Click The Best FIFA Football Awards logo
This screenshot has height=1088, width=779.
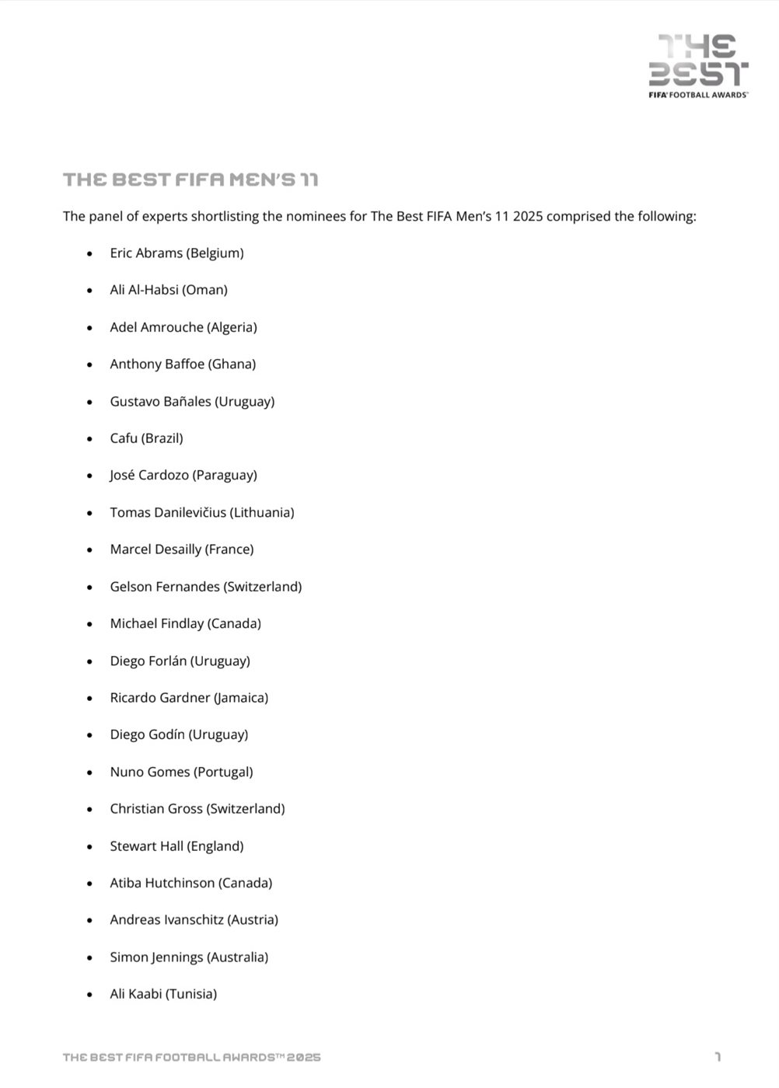[x=698, y=66]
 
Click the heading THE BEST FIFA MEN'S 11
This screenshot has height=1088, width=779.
[x=190, y=180]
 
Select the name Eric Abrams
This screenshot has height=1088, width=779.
[x=146, y=253]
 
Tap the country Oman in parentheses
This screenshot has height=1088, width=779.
[x=205, y=290]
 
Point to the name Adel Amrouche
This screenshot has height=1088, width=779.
[x=156, y=327]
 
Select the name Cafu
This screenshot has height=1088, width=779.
[x=124, y=438]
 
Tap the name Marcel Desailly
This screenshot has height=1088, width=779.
[x=155, y=549]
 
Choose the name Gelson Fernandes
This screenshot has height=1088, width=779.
[x=165, y=587]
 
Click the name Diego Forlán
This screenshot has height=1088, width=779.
[x=148, y=661]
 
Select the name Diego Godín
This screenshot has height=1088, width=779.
[x=147, y=735]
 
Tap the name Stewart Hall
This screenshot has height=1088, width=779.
[x=145, y=846]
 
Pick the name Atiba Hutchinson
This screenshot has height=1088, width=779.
[x=162, y=884]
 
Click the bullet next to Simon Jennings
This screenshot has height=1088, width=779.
[x=90, y=957]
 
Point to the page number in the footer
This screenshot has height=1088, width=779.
[x=718, y=1057]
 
